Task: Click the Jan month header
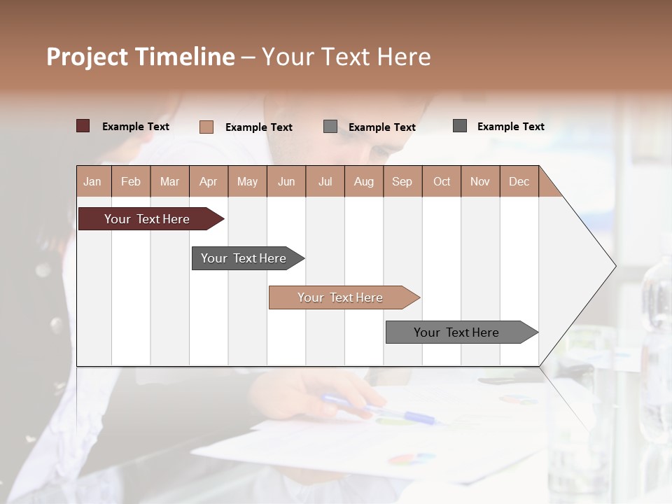pos(92,181)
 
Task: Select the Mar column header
pos(169,181)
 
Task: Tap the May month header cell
pos(247,181)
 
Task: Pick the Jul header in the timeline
pos(325,181)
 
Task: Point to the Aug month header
pos(363,181)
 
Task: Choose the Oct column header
pos(441,181)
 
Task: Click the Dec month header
pos(519,181)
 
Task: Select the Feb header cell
pos(131,181)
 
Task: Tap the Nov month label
pos(479,181)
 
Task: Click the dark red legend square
pos(83,126)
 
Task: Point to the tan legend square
pos(206,127)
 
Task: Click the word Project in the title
pos(87,57)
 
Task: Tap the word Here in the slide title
pos(404,57)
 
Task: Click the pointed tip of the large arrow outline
pos(614,265)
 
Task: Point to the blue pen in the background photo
pos(378,408)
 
